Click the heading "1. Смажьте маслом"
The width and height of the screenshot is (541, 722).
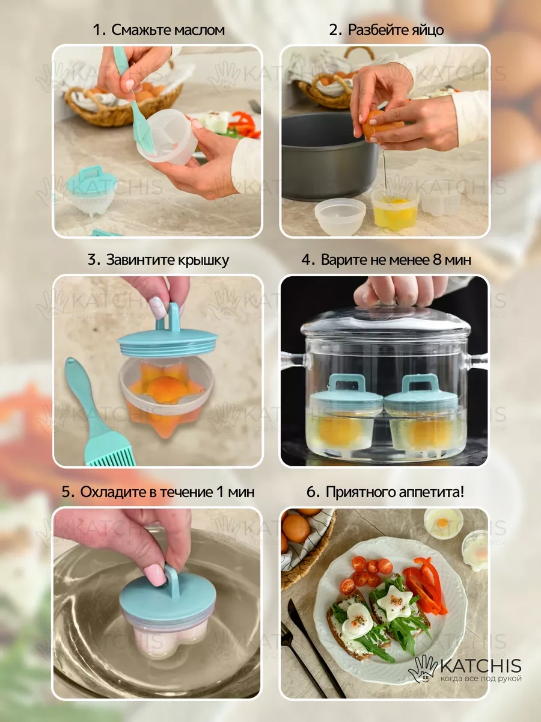point(159,29)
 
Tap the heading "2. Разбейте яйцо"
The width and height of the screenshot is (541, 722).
point(387,29)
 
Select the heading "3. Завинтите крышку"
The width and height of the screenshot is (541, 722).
point(159,260)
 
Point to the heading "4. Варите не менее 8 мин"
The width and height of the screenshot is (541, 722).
point(387,260)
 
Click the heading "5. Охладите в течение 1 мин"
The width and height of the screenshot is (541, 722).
point(159,492)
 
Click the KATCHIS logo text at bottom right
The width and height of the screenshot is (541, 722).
point(480,666)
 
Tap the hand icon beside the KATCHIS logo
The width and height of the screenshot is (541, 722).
point(423,668)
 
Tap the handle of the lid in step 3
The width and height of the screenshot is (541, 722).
point(173,318)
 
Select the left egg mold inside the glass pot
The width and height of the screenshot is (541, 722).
point(346,415)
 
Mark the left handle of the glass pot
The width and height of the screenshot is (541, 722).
point(291,364)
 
